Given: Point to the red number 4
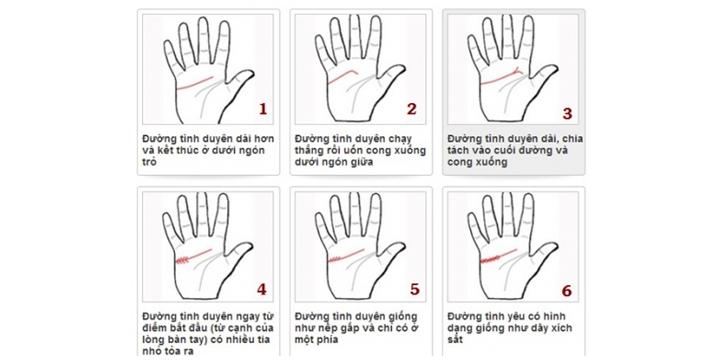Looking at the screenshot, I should coord(262,289).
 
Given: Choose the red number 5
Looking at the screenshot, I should coord(414,290).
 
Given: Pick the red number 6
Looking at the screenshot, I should coord(567,290).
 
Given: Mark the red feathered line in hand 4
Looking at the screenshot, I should coord(187,258).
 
